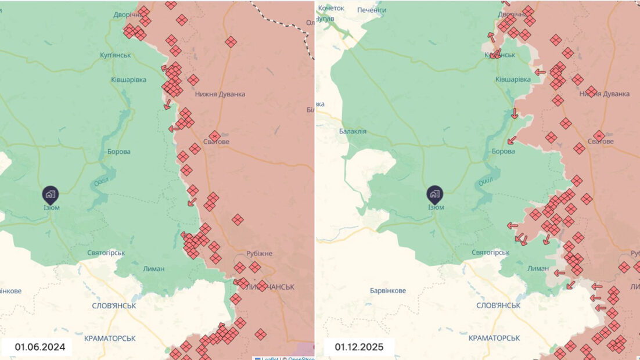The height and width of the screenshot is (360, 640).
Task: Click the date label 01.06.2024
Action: (x=39, y=347)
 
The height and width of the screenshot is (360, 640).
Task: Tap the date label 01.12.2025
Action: (x=358, y=347)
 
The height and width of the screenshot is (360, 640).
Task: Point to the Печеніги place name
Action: (x=372, y=10)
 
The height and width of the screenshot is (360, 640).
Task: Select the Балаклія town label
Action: (x=353, y=131)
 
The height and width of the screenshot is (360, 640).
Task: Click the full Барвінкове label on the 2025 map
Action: (x=387, y=290)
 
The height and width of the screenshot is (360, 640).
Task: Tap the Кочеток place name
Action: (x=331, y=8)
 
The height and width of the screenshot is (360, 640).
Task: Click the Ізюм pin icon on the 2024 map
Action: (x=50, y=194)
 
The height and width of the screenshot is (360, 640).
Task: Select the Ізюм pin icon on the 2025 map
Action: (x=434, y=194)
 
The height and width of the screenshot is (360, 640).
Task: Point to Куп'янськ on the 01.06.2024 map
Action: (x=116, y=55)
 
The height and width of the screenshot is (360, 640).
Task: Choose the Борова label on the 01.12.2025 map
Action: (x=503, y=151)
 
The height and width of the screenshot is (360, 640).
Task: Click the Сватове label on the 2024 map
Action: (x=215, y=142)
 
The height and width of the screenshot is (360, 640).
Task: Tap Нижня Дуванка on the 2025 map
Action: (x=605, y=93)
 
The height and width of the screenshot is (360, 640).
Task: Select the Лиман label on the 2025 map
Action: (x=538, y=268)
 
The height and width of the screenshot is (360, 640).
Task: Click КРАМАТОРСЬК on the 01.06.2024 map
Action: (x=110, y=337)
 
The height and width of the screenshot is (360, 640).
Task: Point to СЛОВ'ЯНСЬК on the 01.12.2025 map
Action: (x=498, y=305)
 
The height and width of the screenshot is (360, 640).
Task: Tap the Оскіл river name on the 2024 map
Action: (x=102, y=183)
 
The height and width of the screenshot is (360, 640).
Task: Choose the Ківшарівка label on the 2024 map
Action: (x=129, y=80)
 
